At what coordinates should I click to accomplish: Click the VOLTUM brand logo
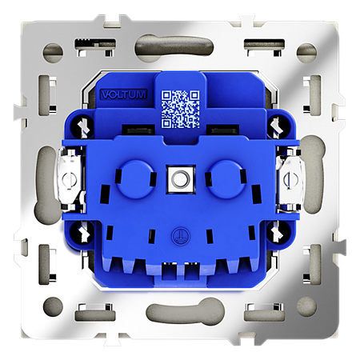[124, 94]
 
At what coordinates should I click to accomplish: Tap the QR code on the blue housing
[181, 109]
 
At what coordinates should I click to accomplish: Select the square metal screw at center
[181, 178]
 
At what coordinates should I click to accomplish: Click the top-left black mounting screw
[83, 125]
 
